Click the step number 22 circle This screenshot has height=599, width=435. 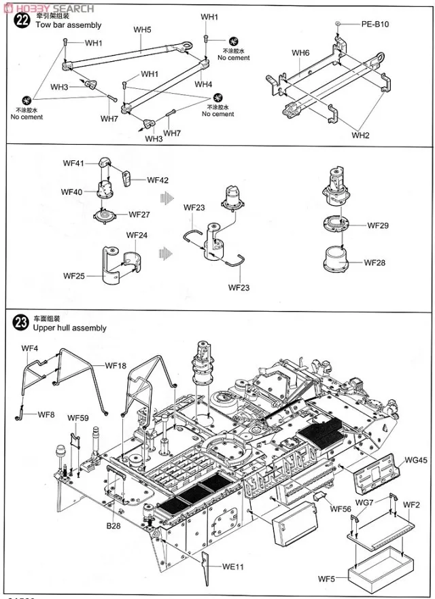pyautogui.click(x=22, y=20)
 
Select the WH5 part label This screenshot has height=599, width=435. pyautogui.click(x=143, y=30)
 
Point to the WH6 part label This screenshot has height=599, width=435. pyautogui.click(x=301, y=53)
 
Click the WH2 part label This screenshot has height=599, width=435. pyautogui.click(x=360, y=134)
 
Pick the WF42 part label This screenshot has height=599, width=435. pyautogui.click(x=158, y=179)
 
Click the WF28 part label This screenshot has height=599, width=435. pyautogui.click(x=375, y=263)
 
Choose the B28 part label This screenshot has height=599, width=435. pyautogui.click(x=113, y=524)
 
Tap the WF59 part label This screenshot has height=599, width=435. pyautogui.click(x=78, y=418)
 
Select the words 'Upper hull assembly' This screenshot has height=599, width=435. pyautogui.click(x=69, y=328)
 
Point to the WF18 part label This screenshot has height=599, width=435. pyautogui.click(x=116, y=365)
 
